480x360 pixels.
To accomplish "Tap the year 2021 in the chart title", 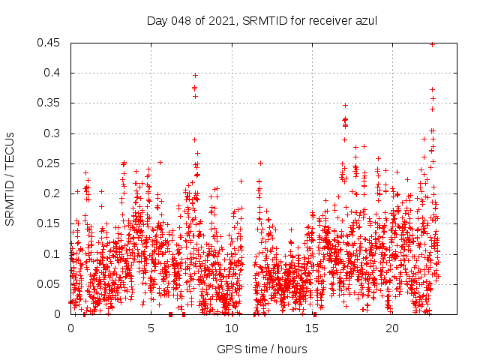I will (x=217, y=20).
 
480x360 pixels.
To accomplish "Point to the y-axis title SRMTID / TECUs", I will (x=10, y=178).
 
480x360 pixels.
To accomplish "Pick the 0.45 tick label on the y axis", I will (x=50, y=43).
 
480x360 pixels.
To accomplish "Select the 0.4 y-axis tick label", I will (x=53, y=73).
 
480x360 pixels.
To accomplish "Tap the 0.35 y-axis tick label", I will (x=50, y=103).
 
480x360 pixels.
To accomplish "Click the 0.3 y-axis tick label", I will (x=53, y=133).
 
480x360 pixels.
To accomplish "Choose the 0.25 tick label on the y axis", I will (x=50, y=163).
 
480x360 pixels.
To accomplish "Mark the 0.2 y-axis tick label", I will (x=53, y=193).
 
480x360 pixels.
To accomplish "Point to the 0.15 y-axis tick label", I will (x=50, y=223).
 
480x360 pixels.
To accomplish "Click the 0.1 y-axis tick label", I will (x=53, y=254).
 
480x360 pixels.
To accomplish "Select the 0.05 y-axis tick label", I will (x=50, y=284).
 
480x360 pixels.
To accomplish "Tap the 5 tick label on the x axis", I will (x=151, y=328).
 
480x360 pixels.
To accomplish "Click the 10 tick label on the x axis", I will (x=231, y=328).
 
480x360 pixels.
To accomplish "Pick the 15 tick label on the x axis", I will (x=311, y=328).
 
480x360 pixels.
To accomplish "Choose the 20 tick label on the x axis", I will (x=391, y=328).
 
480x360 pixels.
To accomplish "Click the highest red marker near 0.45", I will (x=432, y=44).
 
